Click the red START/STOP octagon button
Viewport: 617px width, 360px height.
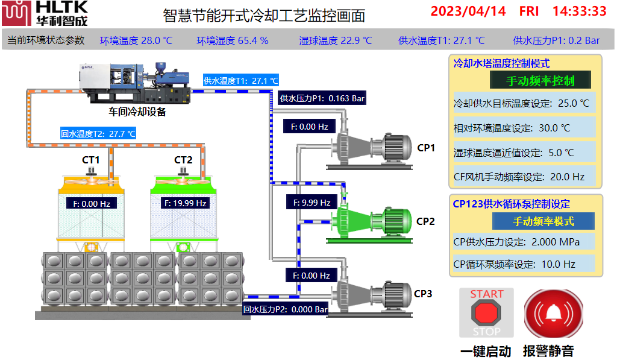point(486,312)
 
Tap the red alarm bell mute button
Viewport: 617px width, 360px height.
point(554,312)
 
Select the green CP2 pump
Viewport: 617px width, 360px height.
point(369,221)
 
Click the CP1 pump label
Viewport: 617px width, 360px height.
point(426,148)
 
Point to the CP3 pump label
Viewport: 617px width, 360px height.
point(423,294)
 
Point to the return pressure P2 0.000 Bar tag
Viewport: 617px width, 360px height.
point(286,309)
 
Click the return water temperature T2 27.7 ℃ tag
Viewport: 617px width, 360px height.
point(98,133)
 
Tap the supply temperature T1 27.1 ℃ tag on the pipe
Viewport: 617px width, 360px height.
point(241,80)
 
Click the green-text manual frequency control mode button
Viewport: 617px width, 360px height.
point(540,81)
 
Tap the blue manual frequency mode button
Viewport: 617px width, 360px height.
point(543,221)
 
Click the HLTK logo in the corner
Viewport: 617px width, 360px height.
point(45,13)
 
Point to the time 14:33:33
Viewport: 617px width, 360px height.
point(579,11)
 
